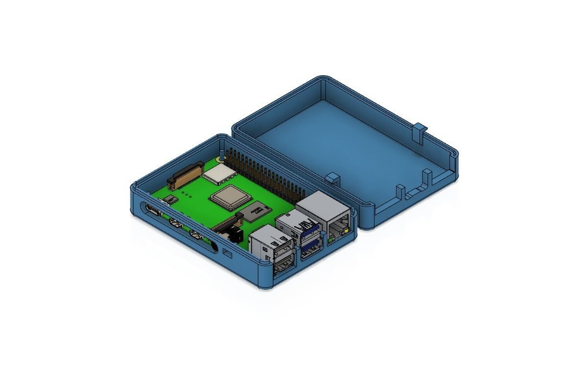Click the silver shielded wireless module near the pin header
218,173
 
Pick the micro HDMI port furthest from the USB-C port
197,236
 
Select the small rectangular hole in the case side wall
228,253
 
